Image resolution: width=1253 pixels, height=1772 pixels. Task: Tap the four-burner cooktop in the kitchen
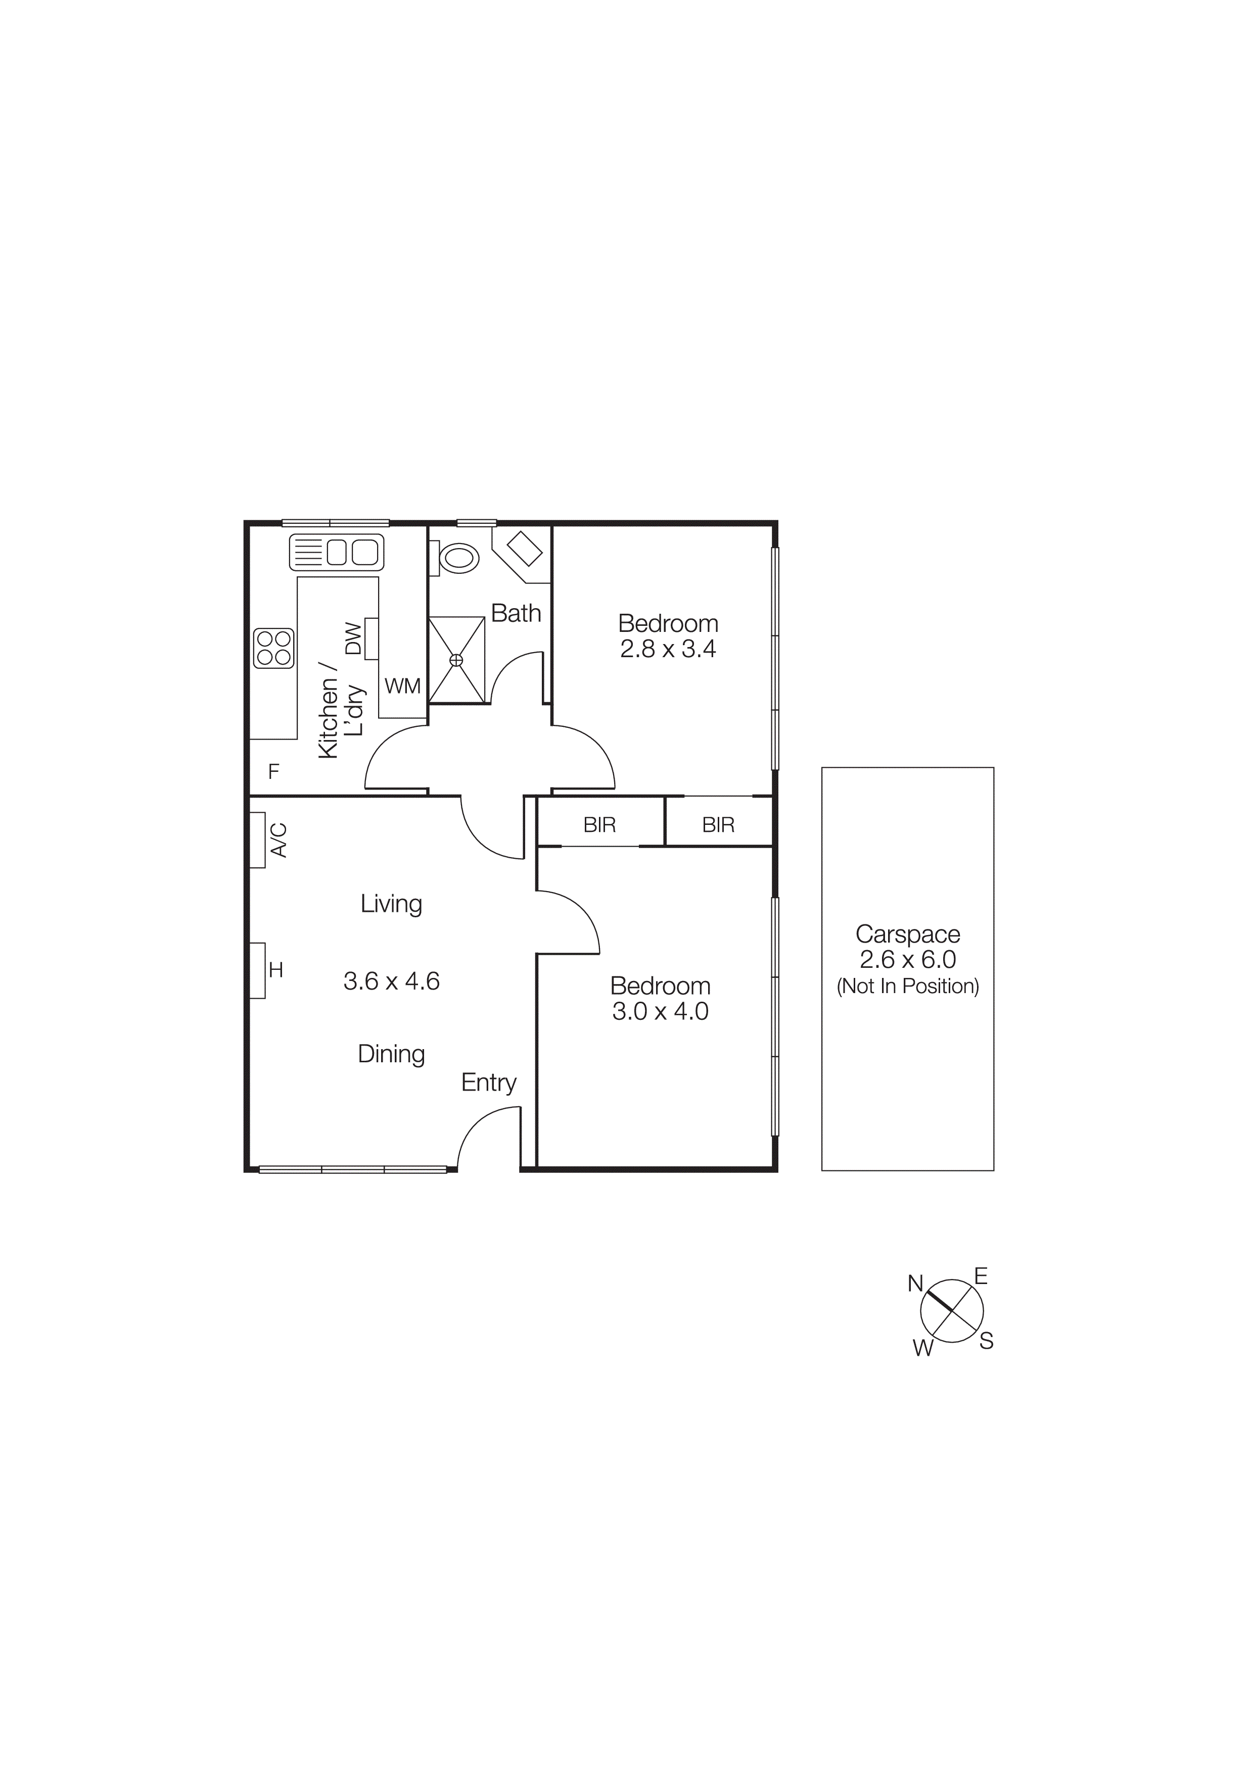[274, 648]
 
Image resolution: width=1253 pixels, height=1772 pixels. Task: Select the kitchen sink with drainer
[337, 553]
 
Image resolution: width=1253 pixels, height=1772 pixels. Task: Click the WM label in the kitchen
[402, 686]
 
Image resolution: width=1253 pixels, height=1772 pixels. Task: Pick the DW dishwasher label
[353, 638]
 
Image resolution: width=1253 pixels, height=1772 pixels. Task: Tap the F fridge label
[273, 771]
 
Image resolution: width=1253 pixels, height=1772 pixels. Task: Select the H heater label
[275, 970]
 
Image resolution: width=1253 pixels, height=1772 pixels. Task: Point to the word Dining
[391, 1054]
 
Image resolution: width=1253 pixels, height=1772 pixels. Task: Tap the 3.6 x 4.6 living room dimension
[391, 981]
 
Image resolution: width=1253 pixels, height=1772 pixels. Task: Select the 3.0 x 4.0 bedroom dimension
[660, 1012]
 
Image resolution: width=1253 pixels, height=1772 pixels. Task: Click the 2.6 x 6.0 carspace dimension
[908, 959]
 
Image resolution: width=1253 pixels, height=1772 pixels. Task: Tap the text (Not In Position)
[908, 987]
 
